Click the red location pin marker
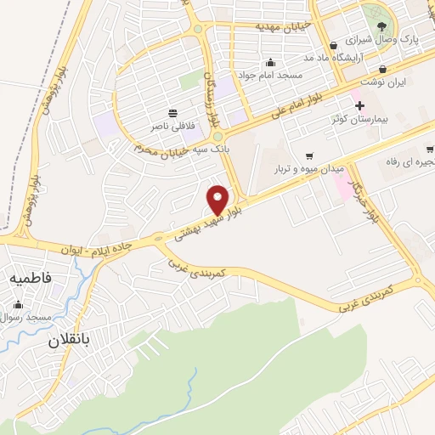(x=218, y=200)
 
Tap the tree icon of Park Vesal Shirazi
(x=381, y=27)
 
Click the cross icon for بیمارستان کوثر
(x=360, y=106)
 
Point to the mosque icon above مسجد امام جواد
(x=270, y=61)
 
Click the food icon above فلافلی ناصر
(x=173, y=112)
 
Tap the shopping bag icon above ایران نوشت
(x=383, y=70)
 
